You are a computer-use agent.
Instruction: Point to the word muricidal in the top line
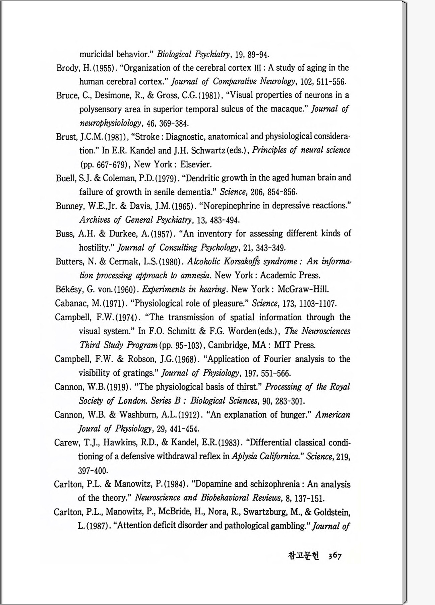[96, 54]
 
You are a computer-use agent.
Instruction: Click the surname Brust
[66, 137]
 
